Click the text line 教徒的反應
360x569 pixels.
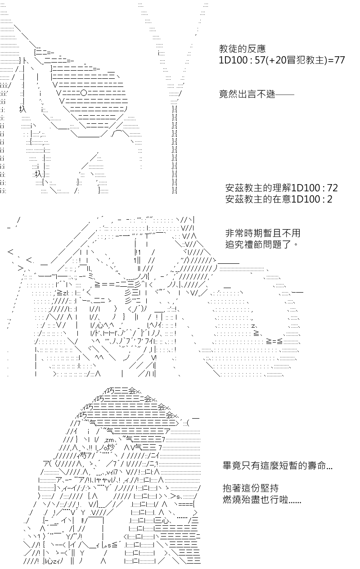(242, 49)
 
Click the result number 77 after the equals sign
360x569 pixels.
(339, 60)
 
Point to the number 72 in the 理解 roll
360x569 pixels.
(333, 188)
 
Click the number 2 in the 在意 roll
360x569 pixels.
(329, 199)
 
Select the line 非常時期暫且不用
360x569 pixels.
(263, 233)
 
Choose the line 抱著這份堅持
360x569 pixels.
(251, 488)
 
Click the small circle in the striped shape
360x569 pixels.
(84, 93)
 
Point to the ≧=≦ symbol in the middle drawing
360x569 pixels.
(274, 341)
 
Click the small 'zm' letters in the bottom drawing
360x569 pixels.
(109, 440)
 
